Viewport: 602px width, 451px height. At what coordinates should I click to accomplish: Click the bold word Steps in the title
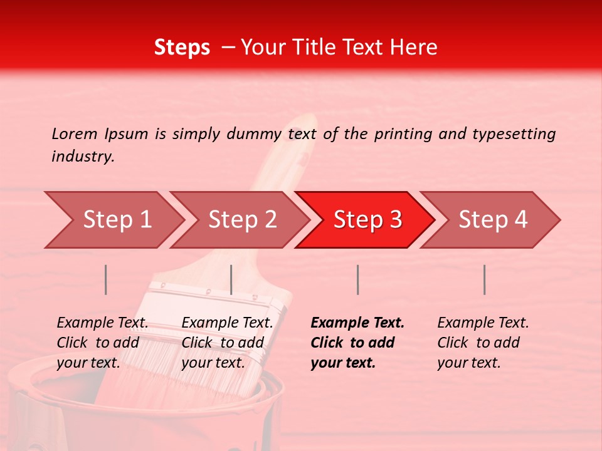tap(182, 48)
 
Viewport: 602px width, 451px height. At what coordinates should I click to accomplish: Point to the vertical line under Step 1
tap(106, 279)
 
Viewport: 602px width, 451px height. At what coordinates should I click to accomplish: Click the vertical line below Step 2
tap(231, 279)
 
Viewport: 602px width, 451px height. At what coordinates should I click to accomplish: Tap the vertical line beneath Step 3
tap(357, 279)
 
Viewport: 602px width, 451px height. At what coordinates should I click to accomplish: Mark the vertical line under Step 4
tap(484, 279)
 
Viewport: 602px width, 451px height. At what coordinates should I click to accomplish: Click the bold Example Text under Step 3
tap(357, 343)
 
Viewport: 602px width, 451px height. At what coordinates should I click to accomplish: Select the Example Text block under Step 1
tap(102, 343)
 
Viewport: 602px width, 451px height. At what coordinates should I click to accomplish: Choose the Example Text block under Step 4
tap(482, 343)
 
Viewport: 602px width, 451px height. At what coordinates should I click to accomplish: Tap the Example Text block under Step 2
tap(226, 343)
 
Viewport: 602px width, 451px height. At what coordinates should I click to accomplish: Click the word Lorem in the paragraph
tap(74, 133)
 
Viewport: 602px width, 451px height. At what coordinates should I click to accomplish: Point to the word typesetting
tap(514, 134)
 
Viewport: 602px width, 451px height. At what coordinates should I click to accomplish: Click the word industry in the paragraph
tap(83, 157)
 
